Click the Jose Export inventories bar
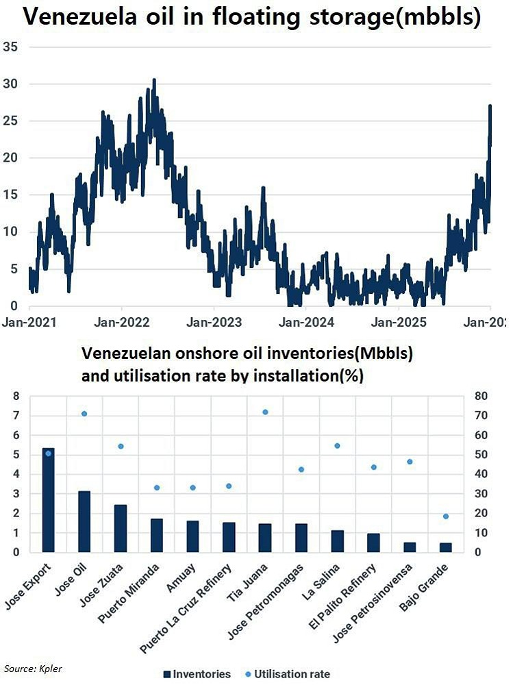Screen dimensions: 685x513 tap(48, 500)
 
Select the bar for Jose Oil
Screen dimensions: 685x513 tap(84, 521)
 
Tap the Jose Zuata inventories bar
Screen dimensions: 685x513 tap(121, 528)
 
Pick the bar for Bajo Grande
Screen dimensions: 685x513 tap(446, 547)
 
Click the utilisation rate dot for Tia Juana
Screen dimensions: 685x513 tap(265, 412)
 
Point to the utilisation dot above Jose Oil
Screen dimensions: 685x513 tap(84, 414)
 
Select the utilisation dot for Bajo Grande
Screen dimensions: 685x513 tap(446, 516)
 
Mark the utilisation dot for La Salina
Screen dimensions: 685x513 tap(337, 446)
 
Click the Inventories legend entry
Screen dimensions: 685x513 tap(197, 674)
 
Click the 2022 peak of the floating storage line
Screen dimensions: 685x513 tap(154, 80)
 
